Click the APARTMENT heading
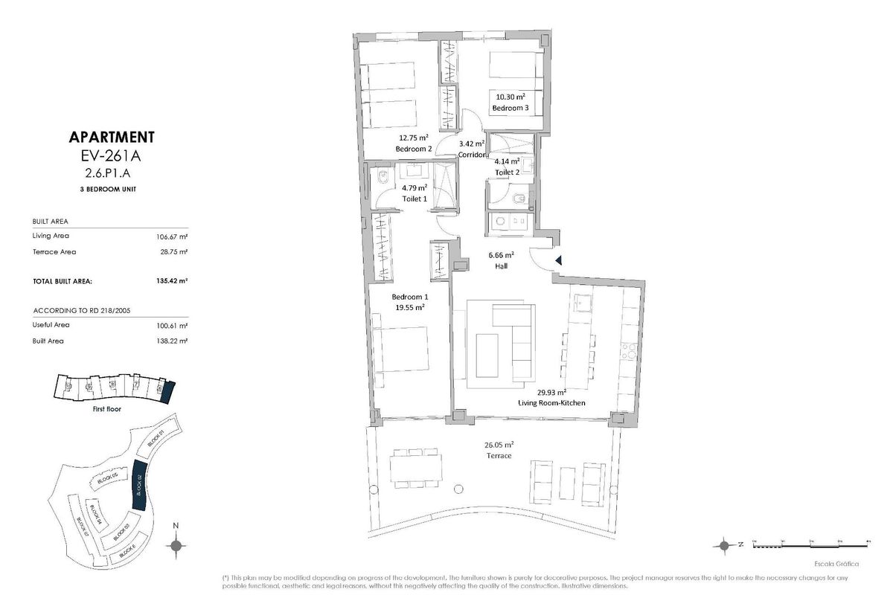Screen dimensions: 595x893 pos(111,137)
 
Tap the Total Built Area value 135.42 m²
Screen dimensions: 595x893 pos(172,281)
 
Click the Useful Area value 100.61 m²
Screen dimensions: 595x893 pos(172,326)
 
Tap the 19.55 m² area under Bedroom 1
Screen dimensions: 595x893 pos(409,306)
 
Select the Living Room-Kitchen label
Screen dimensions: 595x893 pos(551,402)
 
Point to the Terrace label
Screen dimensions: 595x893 pos(499,455)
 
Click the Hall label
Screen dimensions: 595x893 pos(502,265)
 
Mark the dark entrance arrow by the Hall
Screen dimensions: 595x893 pos(559,260)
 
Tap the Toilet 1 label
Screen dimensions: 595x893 pos(415,199)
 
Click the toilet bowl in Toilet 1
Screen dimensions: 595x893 pos(382,178)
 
